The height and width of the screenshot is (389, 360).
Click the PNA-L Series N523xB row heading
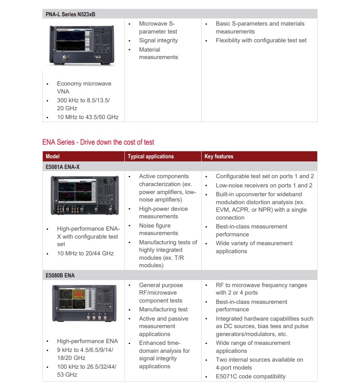[x=71, y=14]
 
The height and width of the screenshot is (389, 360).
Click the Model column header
[x=52, y=157]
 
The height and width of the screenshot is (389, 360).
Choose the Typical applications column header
[x=150, y=157]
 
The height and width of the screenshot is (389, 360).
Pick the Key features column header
[x=219, y=157]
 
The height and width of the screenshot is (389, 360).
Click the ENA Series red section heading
[x=98, y=142]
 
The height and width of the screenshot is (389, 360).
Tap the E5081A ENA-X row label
[x=63, y=167]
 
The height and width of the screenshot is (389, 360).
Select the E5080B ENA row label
[x=60, y=276]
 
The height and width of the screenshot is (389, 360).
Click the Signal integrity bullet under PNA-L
[x=158, y=41]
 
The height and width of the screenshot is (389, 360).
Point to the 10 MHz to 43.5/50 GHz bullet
[x=87, y=117]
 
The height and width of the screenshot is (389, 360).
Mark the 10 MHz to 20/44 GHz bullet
[x=85, y=253]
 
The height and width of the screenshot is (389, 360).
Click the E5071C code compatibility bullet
[x=251, y=377]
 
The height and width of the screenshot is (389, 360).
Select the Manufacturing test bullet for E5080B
[x=163, y=310]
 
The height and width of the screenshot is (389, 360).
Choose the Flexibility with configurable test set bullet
[x=261, y=41]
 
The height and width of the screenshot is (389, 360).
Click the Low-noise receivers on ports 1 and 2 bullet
[x=264, y=186]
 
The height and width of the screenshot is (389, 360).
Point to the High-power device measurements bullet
[x=163, y=213]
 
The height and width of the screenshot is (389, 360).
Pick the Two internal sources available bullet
[x=259, y=363]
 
